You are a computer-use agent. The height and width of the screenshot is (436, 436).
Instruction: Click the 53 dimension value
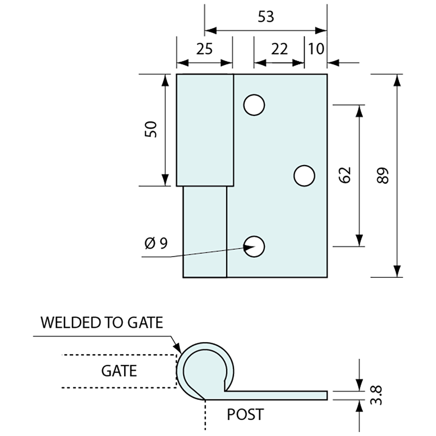click(266, 17)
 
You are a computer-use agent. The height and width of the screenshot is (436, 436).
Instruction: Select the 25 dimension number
click(205, 49)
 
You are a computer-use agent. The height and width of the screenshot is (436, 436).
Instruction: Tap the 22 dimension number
click(279, 49)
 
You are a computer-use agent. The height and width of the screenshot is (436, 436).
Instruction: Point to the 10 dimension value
click(316, 49)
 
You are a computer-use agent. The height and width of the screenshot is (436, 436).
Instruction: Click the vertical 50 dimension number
click(151, 130)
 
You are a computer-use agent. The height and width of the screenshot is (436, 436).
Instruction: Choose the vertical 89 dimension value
click(383, 175)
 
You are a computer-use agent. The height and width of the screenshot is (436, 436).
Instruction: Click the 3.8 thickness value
click(377, 396)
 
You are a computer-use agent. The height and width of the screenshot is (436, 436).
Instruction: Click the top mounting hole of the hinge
click(254, 105)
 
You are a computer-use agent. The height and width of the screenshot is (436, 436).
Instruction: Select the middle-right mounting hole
click(304, 175)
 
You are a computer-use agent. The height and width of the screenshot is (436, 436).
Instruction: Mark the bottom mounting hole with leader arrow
click(254, 246)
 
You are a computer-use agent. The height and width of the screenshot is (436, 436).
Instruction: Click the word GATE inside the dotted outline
click(119, 371)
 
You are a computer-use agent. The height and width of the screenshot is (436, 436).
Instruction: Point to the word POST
click(245, 415)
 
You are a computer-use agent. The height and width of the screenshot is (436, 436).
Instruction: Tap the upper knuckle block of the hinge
click(205, 130)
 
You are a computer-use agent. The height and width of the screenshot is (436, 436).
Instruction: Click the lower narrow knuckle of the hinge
click(205, 232)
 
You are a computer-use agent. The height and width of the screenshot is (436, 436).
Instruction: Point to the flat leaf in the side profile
click(277, 395)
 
